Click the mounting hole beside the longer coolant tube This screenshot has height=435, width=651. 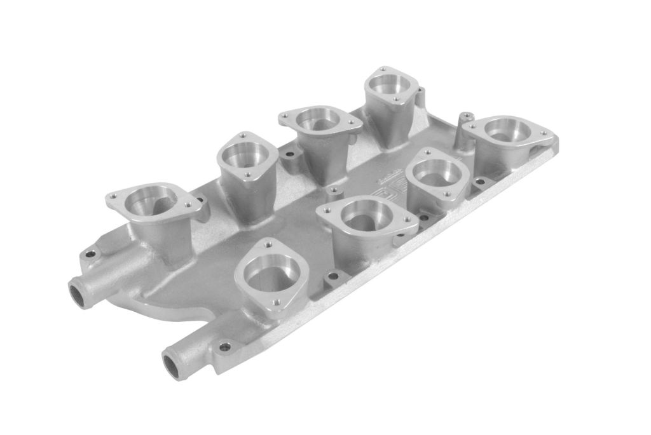click(x=224, y=347)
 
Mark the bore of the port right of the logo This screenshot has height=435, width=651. click(x=436, y=173)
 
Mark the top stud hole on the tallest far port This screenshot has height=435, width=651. click(x=383, y=67)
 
